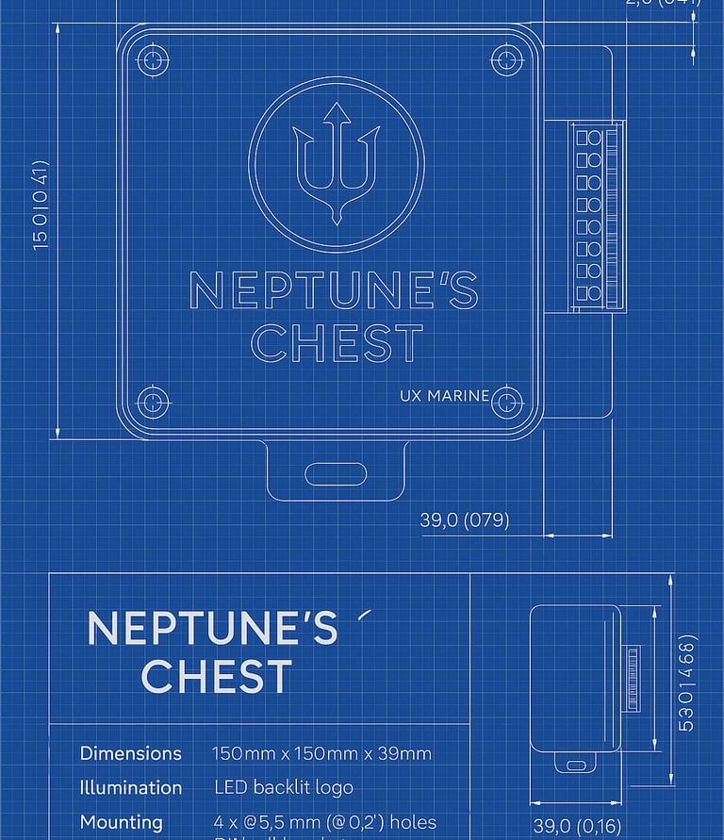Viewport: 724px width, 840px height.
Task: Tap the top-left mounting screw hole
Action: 153,61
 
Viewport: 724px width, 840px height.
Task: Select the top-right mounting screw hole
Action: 507,61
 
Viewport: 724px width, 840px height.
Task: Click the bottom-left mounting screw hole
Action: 153,402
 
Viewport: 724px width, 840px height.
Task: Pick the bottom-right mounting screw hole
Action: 507,400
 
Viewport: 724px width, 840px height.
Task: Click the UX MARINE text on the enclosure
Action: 445,396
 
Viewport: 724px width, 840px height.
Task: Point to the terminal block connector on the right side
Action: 597,216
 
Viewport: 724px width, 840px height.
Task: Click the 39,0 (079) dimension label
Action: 464,520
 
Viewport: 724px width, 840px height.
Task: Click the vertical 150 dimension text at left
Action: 41,205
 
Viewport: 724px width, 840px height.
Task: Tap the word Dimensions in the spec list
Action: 131,753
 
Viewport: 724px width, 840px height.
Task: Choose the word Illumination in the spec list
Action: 131,787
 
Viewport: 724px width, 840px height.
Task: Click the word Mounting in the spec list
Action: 122,822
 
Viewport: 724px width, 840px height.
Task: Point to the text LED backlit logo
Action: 284,787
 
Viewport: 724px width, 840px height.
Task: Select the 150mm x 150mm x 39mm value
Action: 321,753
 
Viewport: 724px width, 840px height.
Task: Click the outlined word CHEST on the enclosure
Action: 337,343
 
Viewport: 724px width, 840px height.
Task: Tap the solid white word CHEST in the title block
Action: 217,676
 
